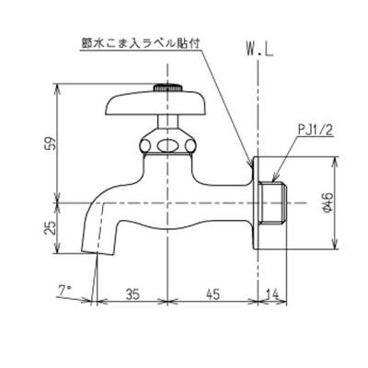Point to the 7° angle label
click(x=64, y=290)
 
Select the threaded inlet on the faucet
click(x=275, y=203)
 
